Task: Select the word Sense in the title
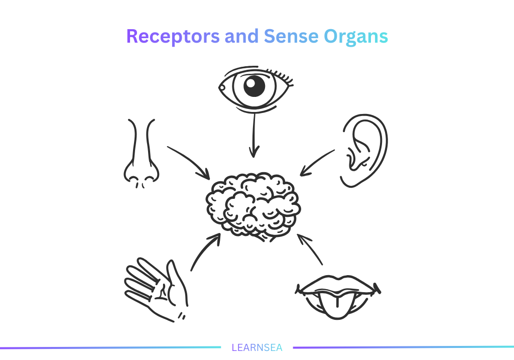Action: tap(291, 37)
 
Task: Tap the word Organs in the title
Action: tap(356, 37)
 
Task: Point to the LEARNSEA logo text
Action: tap(256, 347)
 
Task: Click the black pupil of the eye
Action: tap(254, 87)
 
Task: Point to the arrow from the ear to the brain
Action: tap(317, 162)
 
